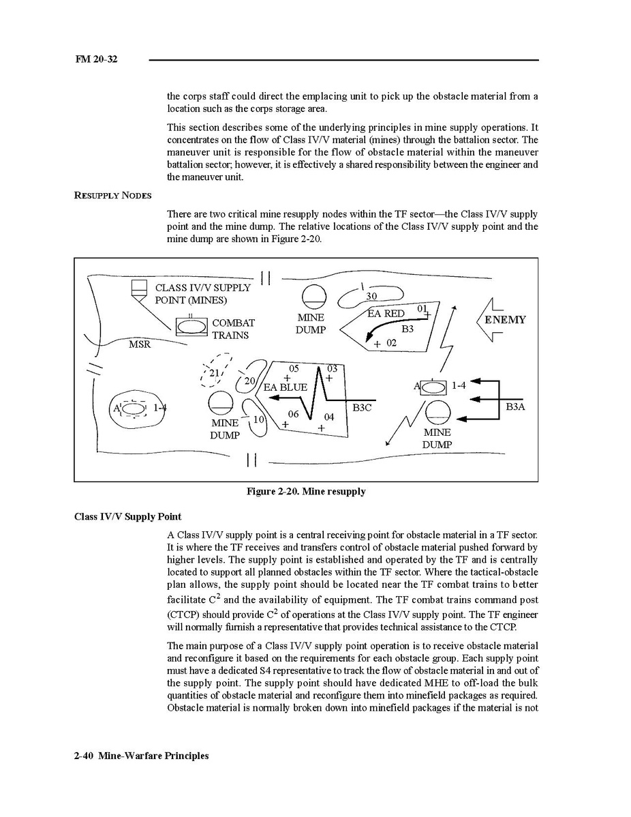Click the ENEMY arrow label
(505, 320)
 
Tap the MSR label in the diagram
(140, 344)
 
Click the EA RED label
(386, 314)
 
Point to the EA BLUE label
(285, 387)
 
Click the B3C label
(362, 407)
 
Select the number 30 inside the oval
(371, 296)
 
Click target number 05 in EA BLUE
(294, 369)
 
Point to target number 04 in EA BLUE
(329, 417)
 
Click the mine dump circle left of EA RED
(313, 297)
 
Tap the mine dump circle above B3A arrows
(437, 412)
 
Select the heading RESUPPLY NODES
(112, 196)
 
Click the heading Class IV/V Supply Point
(127, 516)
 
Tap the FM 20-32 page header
(96, 59)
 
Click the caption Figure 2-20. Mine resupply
(306, 491)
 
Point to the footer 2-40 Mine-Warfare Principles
(141, 756)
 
